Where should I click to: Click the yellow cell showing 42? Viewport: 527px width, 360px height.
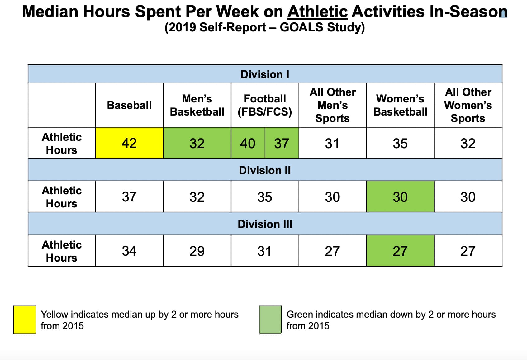[129, 143]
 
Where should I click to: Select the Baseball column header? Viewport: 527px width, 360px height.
[129, 105]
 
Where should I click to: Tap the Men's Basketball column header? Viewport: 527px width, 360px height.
[197, 105]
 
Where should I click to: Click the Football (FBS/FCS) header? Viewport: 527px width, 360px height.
[265, 105]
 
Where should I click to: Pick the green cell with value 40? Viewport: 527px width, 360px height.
[248, 144]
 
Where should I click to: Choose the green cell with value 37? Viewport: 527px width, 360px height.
[282, 144]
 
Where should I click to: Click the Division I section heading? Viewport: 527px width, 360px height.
[265, 74]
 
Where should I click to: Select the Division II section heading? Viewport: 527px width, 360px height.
[265, 170]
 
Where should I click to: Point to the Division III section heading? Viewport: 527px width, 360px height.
[265, 224]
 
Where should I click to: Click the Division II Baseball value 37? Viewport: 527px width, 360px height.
[129, 197]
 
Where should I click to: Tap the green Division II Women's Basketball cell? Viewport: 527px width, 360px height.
[400, 197]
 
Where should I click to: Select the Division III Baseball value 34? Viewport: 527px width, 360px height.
[129, 251]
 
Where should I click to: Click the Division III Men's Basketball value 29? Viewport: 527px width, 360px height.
[197, 251]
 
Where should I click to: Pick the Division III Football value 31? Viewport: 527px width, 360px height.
[265, 251]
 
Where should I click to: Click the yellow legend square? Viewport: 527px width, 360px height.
[25, 320]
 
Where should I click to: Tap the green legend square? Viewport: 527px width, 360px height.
[270, 320]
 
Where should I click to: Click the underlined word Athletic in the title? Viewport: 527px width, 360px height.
[317, 12]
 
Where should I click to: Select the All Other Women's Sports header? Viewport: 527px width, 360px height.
[468, 105]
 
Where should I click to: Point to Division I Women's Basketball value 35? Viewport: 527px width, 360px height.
[400, 144]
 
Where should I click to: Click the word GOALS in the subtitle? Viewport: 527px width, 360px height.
[301, 27]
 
